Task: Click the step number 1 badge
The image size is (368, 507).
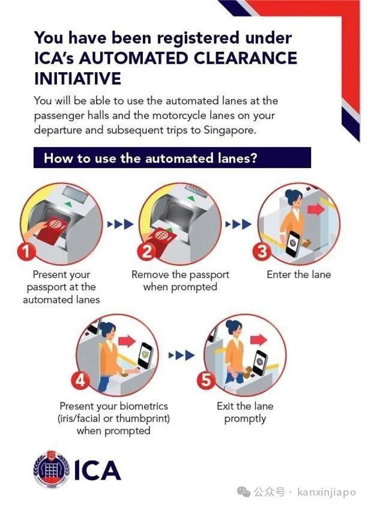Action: click(26, 251)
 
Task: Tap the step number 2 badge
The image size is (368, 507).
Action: click(146, 251)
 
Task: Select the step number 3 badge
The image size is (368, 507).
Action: click(261, 251)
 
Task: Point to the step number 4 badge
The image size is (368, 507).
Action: click(80, 380)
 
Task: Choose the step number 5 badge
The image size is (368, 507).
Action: click(206, 380)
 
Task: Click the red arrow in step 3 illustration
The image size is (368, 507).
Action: click(316, 209)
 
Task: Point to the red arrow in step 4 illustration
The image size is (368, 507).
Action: click(127, 341)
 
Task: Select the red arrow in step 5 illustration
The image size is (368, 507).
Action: click(259, 340)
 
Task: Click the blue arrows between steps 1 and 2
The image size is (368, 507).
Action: click(120, 223)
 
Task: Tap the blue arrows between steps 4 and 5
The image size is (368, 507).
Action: click(181, 356)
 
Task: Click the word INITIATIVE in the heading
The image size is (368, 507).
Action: click(78, 78)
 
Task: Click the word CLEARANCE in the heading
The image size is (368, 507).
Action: click(243, 58)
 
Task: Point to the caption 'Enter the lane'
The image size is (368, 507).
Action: click(299, 275)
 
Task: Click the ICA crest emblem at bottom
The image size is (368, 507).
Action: click(52, 469)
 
